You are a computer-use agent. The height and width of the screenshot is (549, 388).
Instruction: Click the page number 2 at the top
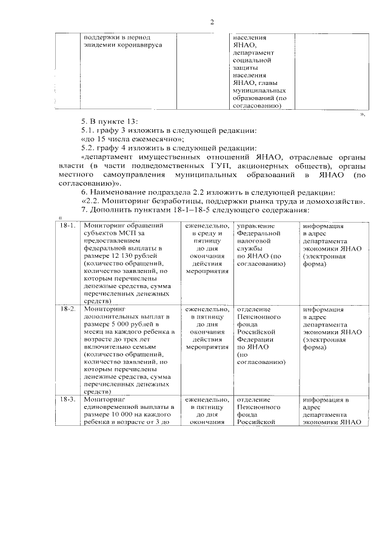212,23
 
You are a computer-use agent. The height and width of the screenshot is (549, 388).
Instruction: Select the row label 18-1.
68,226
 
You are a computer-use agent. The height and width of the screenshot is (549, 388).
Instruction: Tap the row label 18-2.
68,309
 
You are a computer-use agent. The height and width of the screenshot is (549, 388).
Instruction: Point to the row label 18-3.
68,400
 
